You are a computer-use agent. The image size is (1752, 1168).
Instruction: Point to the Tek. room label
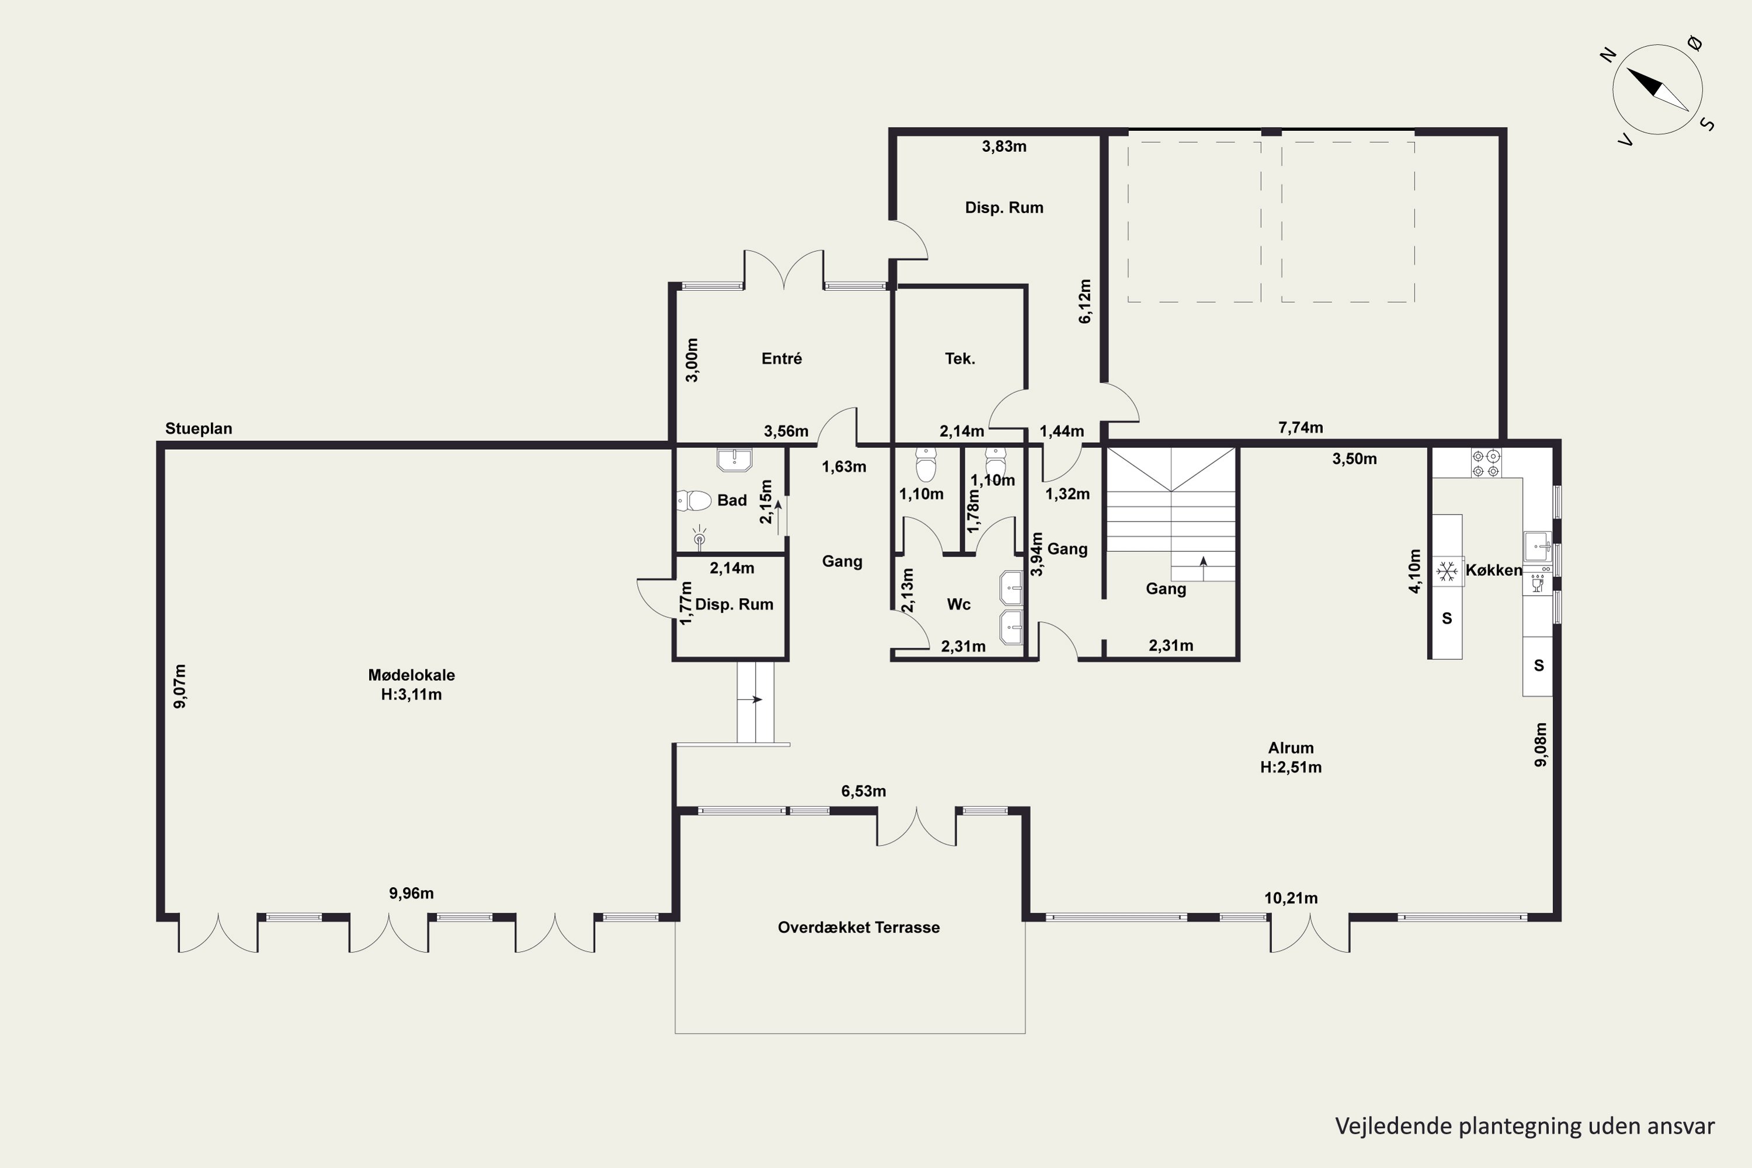960,359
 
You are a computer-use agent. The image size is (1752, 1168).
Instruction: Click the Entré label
781,359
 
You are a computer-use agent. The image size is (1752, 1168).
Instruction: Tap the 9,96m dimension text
411,893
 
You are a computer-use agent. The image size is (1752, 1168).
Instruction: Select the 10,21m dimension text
1291,898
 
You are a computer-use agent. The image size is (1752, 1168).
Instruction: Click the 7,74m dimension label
1301,427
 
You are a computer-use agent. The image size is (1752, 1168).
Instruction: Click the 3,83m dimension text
1004,147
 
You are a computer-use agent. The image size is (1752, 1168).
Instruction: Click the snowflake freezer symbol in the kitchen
1447,571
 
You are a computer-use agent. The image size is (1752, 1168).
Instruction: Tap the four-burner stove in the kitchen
1486,463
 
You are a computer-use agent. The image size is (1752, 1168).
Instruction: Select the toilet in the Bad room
694,500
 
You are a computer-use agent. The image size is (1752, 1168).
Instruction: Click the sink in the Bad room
735,460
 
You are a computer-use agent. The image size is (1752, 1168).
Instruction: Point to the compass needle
1657,89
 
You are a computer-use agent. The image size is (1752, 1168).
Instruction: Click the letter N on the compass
1608,54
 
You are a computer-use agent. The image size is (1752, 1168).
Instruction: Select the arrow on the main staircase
1203,568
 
